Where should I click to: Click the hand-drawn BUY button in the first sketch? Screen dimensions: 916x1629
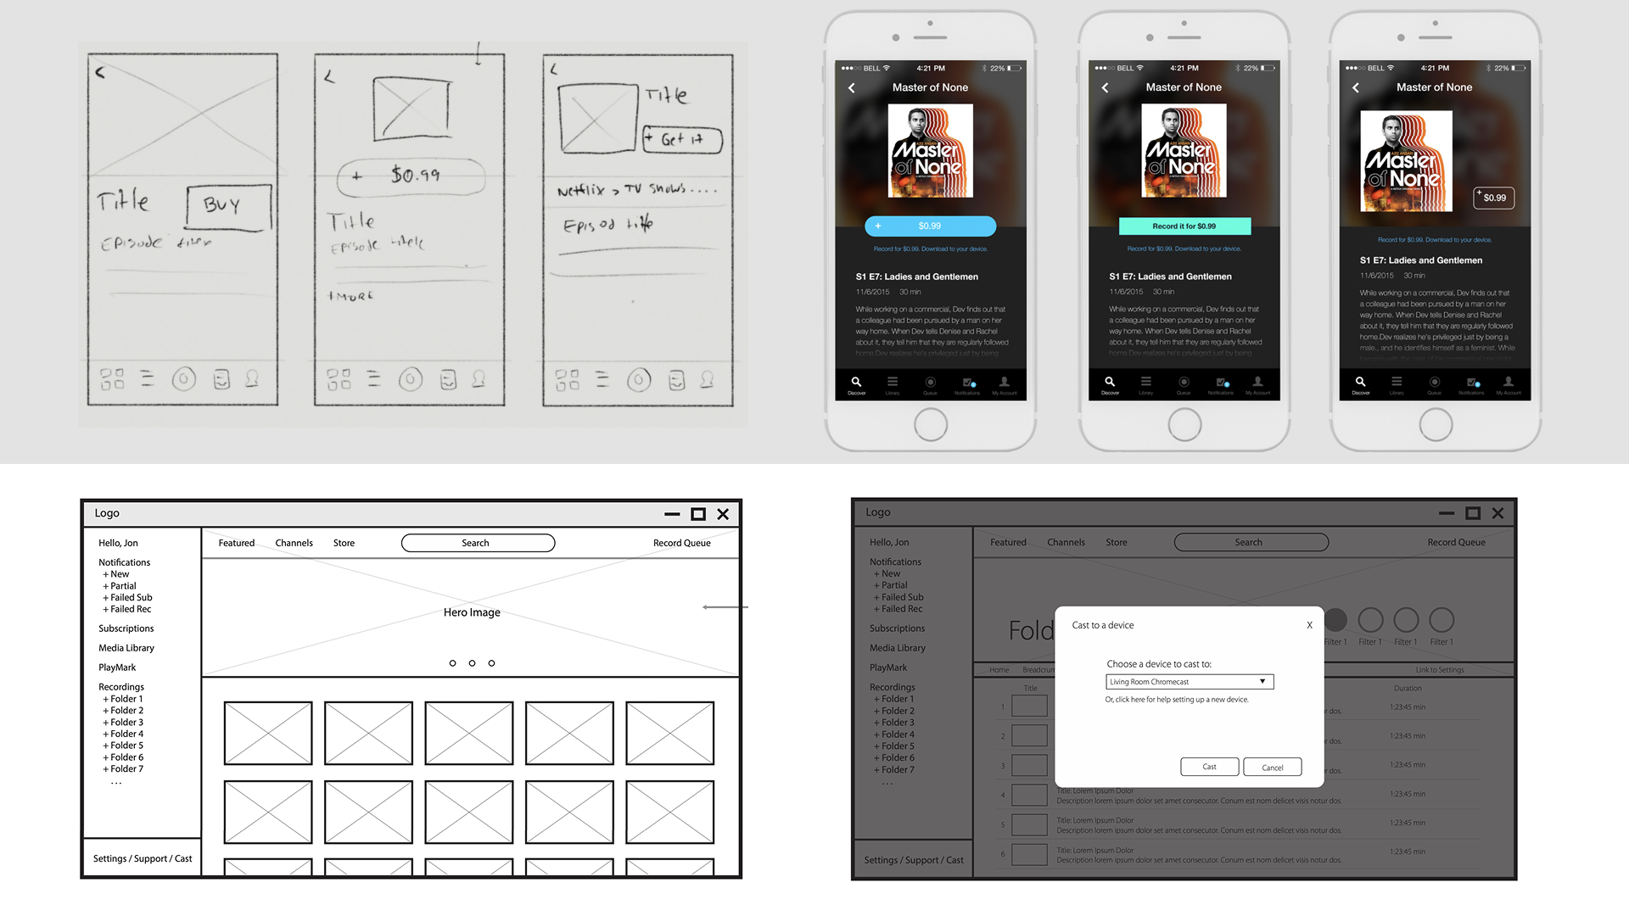click(228, 207)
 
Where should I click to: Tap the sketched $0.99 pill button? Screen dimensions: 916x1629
click(411, 176)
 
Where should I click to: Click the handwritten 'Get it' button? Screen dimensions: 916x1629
click(682, 139)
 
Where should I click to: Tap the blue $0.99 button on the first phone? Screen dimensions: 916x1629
click(930, 226)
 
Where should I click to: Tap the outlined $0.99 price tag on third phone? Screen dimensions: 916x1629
click(1493, 198)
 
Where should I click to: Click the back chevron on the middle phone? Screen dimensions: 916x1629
click(1105, 88)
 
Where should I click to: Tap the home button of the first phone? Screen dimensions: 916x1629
click(930, 424)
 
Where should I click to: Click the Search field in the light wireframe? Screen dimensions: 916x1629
click(478, 543)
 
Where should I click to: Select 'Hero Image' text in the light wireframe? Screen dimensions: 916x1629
click(472, 612)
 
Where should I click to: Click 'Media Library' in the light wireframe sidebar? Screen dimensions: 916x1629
click(126, 648)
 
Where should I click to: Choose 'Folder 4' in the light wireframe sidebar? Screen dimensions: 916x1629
click(126, 734)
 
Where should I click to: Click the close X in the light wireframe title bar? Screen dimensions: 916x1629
click(723, 514)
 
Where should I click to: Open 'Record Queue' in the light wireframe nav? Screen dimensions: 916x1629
click(681, 543)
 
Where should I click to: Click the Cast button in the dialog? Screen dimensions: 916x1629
click(1209, 767)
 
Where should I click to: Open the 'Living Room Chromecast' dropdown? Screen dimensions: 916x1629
click(1189, 682)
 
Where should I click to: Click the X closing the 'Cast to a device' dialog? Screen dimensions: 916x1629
click(1309, 625)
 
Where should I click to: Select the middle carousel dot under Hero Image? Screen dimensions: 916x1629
click(472, 663)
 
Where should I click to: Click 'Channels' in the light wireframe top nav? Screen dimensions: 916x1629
click(294, 543)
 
